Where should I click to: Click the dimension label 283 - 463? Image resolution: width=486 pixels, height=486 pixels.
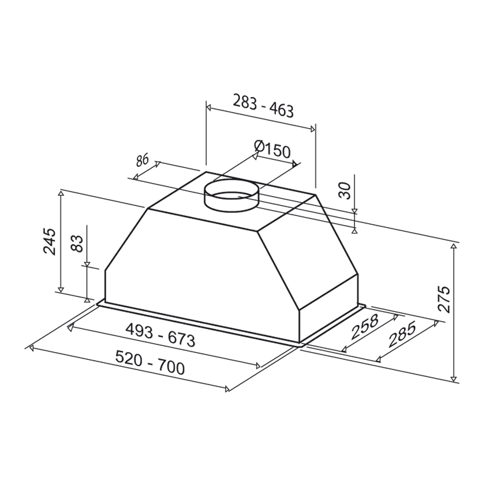click(263, 106)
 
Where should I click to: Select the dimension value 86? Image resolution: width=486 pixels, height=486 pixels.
click(143, 160)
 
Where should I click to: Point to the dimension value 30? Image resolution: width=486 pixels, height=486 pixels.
click(345, 191)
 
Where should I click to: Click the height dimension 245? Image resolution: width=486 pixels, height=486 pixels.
click(50, 241)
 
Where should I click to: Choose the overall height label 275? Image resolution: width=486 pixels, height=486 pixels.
click(443, 299)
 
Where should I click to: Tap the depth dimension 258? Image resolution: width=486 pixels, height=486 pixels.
click(364, 327)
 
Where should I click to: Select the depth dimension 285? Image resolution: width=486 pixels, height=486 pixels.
click(402, 334)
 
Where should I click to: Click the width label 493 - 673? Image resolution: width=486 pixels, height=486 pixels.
click(160, 336)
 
